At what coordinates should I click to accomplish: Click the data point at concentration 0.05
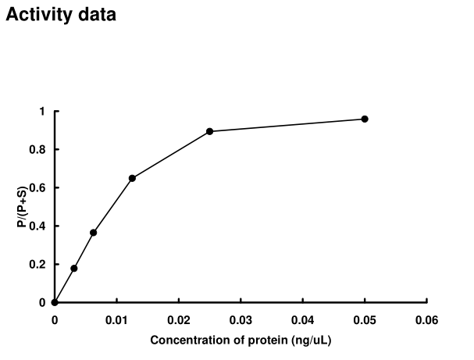pyautogui.click(x=365, y=119)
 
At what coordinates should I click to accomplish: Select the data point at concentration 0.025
pyautogui.click(x=209, y=131)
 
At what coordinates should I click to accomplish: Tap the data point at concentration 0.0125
pyautogui.click(x=132, y=178)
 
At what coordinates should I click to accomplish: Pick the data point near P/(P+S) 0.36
pyautogui.click(x=93, y=233)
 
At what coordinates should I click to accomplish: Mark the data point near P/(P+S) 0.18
pyautogui.click(x=74, y=268)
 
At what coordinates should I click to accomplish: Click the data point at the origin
pyautogui.click(x=55, y=302)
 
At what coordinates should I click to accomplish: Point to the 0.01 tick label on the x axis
pyautogui.click(x=116, y=319)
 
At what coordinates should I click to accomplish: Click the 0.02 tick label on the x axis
pyautogui.click(x=179, y=319)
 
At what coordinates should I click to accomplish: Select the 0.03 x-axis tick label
pyautogui.click(x=241, y=319)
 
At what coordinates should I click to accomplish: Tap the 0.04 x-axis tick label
pyautogui.click(x=302, y=319)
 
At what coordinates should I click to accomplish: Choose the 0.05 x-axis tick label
pyautogui.click(x=365, y=319)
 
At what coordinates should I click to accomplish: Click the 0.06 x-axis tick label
pyautogui.click(x=426, y=319)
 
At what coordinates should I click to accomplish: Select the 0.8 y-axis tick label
pyautogui.click(x=37, y=150)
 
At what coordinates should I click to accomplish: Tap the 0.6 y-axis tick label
pyautogui.click(x=37, y=188)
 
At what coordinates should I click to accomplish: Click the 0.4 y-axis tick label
pyautogui.click(x=37, y=226)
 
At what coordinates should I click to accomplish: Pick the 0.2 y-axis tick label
pyautogui.click(x=37, y=265)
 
